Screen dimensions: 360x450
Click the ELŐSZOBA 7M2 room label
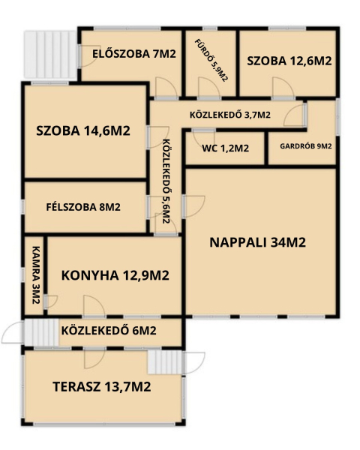click(x=134, y=54)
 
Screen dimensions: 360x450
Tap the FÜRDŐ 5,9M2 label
click(x=211, y=60)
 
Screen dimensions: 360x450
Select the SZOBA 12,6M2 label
click(x=289, y=61)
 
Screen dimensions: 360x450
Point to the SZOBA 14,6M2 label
click(x=83, y=130)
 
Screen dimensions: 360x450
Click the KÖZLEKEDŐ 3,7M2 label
click(x=230, y=115)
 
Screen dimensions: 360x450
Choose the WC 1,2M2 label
click(x=225, y=148)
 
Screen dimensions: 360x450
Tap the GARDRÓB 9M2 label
click(x=306, y=146)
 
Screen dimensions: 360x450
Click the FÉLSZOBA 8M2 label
click(x=83, y=207)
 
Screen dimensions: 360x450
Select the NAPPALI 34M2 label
click(x=258, y=242)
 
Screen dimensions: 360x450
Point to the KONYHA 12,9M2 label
click(x=115, y=275)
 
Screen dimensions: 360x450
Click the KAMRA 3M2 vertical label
click(x=35, y=275)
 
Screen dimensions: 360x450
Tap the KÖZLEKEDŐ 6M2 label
click(x=109, y=331)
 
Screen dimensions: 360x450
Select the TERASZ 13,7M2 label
click(x=102, y=386)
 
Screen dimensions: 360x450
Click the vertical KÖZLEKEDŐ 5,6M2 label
click(x=166, y=181)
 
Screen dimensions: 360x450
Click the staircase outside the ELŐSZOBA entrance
click(x=50, y=55)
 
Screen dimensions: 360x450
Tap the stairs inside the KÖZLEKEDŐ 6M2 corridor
click(x=42, y=332)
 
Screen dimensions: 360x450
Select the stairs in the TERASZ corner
click(x=165, y=361)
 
